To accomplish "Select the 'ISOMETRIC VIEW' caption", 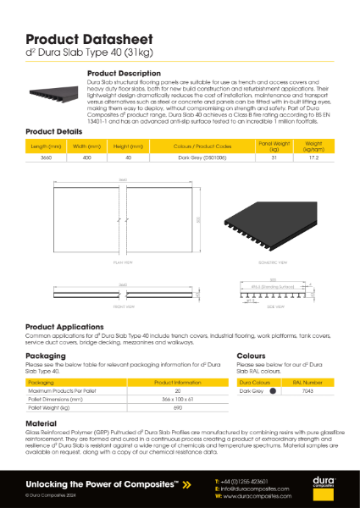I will coord(269,263).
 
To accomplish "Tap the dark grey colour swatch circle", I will coord(272,391).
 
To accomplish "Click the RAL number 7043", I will coord(309,391).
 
